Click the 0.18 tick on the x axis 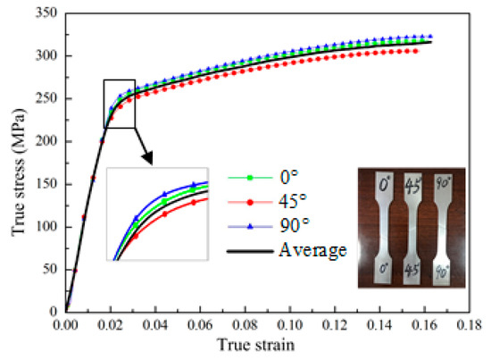[x=469, y=326]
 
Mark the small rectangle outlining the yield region [x=119, y=103]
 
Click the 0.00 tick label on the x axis [x=66, y=326]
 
